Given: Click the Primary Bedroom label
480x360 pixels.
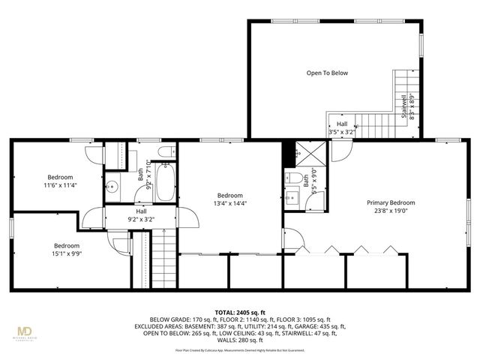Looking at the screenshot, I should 390,202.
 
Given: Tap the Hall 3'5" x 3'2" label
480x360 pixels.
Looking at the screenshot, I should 342,128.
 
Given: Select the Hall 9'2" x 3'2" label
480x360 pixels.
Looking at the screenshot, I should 141,217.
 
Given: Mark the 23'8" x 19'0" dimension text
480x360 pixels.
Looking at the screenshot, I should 390,211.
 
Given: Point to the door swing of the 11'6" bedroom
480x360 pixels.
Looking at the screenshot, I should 93,154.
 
